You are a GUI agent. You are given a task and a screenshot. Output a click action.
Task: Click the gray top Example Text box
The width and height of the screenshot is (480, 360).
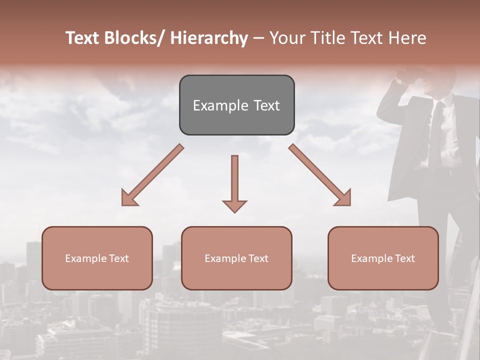click(x=236, y=105)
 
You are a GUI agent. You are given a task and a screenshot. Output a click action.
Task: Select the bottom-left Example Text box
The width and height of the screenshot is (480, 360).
click(x=97, y=258)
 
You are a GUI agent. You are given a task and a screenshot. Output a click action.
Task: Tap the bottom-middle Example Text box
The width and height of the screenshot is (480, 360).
click(x=236, y=258)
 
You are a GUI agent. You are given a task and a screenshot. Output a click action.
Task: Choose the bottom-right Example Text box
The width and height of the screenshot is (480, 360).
click(x=383, y=258)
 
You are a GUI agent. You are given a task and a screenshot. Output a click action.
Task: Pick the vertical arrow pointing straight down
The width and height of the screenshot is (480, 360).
click(x=234, y=183)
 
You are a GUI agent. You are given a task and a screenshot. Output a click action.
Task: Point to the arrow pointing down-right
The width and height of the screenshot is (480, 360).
click(x=320, y=175)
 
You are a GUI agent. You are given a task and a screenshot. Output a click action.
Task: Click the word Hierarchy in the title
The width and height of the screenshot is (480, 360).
click(x=209, y=38)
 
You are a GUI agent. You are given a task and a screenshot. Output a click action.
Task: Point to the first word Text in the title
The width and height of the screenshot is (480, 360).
click(x=83, y=38)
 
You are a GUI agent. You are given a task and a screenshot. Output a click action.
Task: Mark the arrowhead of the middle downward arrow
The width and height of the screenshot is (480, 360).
click(x=234, y=205)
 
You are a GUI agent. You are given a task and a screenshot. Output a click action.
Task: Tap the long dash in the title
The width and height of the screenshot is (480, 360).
click(x=259, y=38)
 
